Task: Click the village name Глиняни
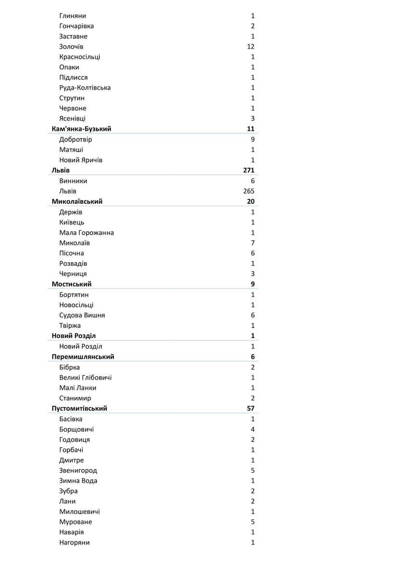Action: coord(73,16)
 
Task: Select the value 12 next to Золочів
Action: coord(250,47)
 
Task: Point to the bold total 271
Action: coord(249,170)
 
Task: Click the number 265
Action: coord(249,191)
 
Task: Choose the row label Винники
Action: coord(73,181)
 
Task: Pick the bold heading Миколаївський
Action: coord(77,201)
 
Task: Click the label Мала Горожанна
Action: coord(87,233)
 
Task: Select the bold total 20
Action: coord(250,201)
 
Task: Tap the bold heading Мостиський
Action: coord(72,284)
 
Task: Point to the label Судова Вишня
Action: coord(82,315)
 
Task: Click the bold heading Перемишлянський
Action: coord(83,357)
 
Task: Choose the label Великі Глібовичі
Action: coord(86,377)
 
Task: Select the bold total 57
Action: coord(250,409)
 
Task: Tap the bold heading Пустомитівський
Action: coord(79,409)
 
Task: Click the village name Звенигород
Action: coord(78,471)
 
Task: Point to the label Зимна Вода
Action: coord(78,481)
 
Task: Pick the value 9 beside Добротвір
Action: coord(252,139)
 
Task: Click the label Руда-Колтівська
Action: coord(85,88)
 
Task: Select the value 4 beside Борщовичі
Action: coord(252,429)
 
